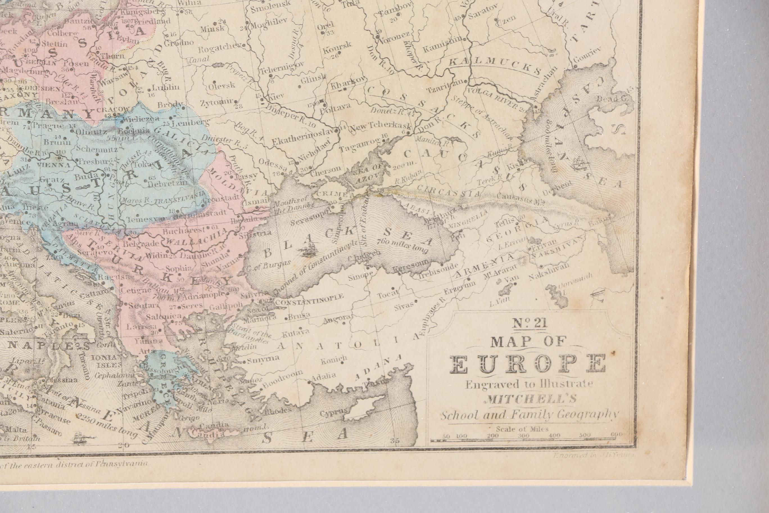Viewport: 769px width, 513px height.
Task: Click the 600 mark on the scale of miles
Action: [x=616, y=435]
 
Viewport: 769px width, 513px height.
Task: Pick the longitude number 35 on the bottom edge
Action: [x=395, y=441]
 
